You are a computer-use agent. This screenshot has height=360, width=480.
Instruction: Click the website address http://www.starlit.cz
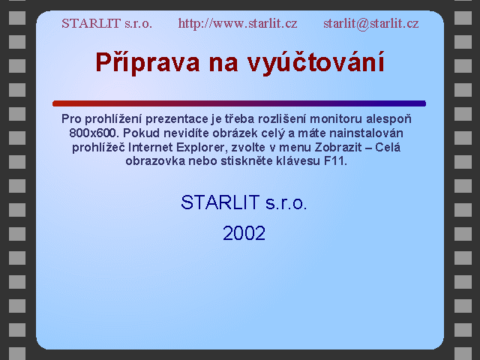click(x=238, y=23)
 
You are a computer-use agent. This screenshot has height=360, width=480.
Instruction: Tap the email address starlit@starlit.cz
click(x=371, y=23)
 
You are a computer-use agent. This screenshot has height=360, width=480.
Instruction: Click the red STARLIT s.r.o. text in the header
click(x=106, y=23)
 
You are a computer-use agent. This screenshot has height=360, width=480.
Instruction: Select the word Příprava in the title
click(x=148, y=63)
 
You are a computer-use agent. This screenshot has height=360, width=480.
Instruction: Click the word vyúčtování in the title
click(x=316, y=63)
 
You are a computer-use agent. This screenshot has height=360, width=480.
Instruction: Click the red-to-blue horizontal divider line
click(x=239, y=103)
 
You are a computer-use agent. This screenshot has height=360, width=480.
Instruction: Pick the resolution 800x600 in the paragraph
click(x=93, y=133)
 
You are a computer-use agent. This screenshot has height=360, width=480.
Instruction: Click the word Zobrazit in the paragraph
click(x=338, y=148)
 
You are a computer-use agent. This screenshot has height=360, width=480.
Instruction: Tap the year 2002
click(x=244, y=233)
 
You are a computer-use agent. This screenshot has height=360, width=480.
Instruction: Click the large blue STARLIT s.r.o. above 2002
click(x=244, y=202)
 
